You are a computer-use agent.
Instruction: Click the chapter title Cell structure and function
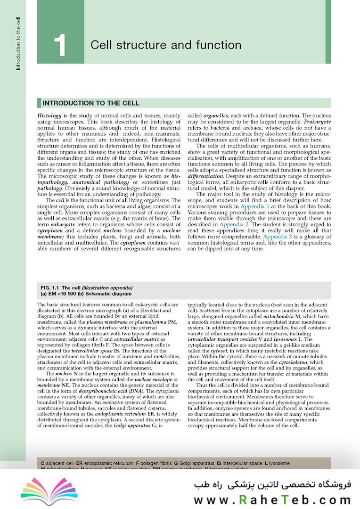[166, 45]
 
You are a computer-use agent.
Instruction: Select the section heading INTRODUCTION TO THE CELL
[91, 103]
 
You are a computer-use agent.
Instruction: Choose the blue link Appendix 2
[235, 225]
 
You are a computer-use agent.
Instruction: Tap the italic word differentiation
[209, 176]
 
